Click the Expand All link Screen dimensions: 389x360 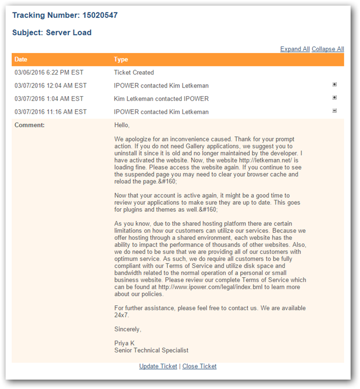tap(295, 49)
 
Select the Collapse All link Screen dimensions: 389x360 tap(328, 49)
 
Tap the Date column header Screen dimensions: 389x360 tap(21, 59)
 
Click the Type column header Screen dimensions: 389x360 tap(121, 59)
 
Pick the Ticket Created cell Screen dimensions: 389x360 tap(134, 72)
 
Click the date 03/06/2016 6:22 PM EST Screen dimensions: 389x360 tap(49, 72)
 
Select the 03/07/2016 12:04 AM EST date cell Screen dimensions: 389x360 tap(51, 85)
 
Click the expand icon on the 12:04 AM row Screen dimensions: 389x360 tap(335, 85)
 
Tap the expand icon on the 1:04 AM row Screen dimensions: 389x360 tap(335, 98)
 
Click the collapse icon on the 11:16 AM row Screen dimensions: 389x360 tap(335, 111)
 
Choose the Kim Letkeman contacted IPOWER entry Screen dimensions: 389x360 tap(161, 99)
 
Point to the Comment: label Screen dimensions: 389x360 tap(30, 125)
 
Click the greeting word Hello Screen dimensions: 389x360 tap(122, 125)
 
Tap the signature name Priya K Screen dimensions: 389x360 tap(125, 343)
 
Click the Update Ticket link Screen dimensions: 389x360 tap(158, 366)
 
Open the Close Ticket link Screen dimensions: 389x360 tap(199, 366)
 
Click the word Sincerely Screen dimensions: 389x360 tap(128, 329)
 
